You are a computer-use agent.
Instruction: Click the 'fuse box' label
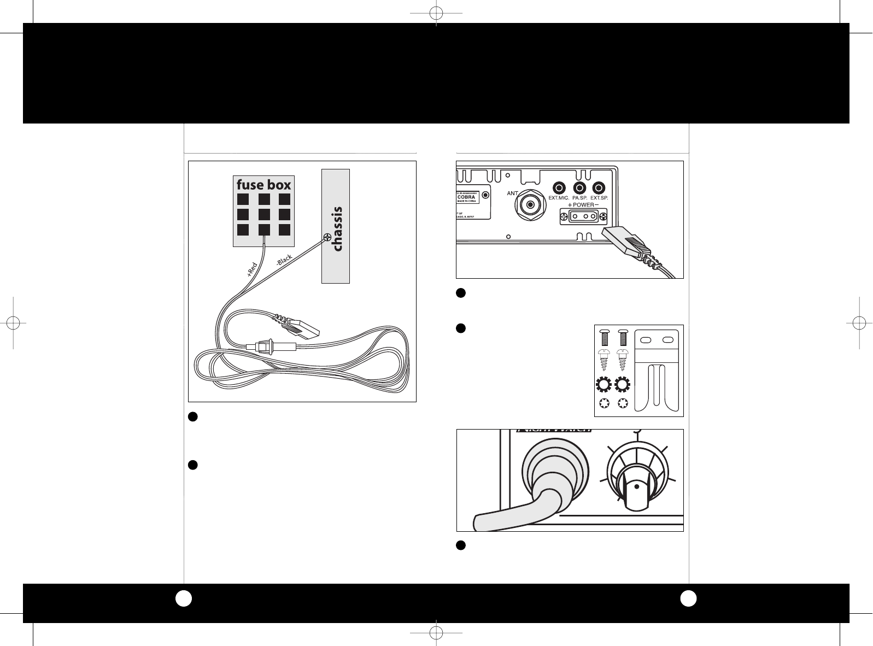[263, 185]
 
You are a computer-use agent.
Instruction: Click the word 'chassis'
[337, 229]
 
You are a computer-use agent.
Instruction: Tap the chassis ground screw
[327, 237]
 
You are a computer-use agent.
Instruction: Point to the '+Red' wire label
[251, 270]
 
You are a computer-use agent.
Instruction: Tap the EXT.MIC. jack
[559, 187]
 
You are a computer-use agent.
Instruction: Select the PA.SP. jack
[579, 187]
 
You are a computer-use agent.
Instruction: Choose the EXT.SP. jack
[599, 187]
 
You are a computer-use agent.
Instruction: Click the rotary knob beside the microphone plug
[637, 478]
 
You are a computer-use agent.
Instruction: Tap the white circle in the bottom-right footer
[688, 599]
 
